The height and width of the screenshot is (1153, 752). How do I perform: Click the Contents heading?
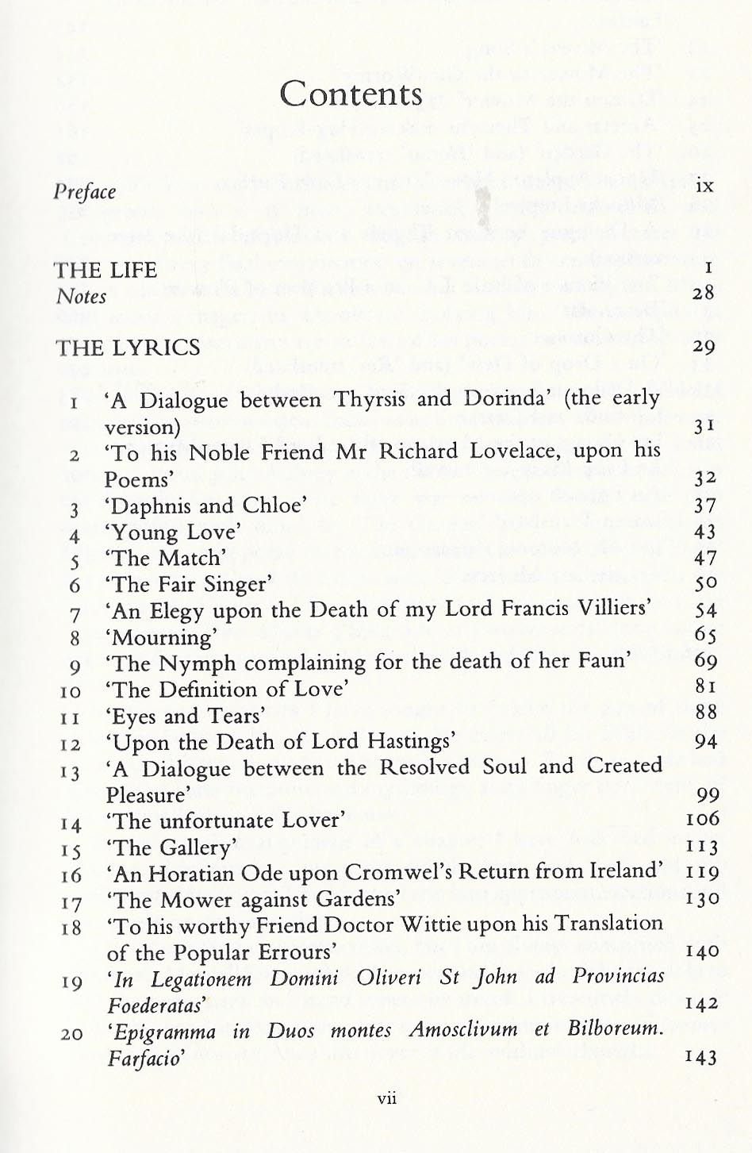(351, 94)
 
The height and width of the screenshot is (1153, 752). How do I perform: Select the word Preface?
(85, 192)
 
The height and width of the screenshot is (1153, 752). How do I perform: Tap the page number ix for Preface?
(704, 186)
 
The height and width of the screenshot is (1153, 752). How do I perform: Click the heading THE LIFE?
(106, 271)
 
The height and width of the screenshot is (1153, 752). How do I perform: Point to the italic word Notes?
(81, 297)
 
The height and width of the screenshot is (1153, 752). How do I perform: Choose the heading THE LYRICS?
(128, 348)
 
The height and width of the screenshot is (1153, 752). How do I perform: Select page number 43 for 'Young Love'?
(704, 532)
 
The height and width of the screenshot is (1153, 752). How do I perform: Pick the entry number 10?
(71, 692)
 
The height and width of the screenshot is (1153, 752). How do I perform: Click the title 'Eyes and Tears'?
(185, 716)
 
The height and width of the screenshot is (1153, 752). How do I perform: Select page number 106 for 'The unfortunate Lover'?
(702, 818)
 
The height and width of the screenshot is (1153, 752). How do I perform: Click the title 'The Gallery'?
(171, 847)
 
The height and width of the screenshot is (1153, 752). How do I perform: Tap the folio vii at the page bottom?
(387, 1099)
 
